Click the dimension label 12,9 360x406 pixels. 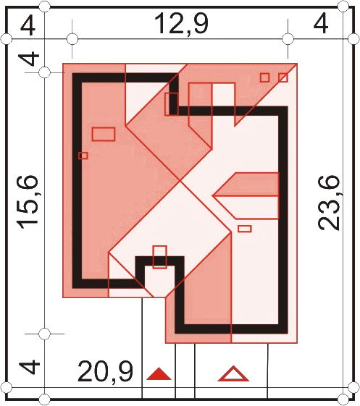pos(181,24)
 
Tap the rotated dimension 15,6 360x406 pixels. pos(28,203)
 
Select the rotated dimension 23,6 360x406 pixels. pos(328,203)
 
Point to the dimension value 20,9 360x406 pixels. pos(105,372)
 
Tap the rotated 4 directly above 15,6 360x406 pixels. pos(29,59)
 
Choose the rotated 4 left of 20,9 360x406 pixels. pos(30,367)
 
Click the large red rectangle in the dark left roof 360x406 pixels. pos(104,134)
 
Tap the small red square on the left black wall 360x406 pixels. pos(83,156)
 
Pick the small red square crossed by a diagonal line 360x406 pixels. pos(283,77)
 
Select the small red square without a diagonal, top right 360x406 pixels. pos(264,77)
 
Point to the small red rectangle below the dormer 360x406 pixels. pos(245,229)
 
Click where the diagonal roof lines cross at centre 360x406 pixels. pos(180,181)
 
